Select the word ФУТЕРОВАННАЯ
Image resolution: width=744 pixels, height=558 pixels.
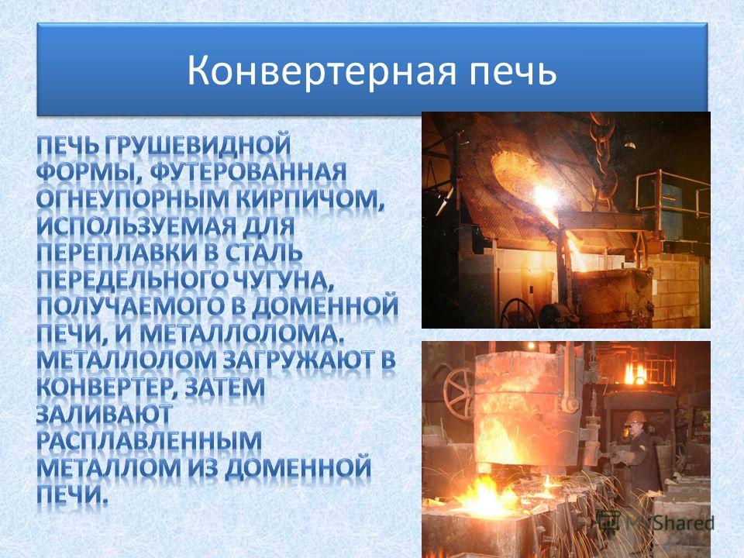249,173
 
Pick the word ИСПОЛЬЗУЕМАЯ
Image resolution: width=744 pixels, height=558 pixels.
136,227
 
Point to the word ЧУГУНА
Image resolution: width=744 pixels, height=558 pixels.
278,281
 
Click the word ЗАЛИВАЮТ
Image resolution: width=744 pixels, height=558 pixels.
104,415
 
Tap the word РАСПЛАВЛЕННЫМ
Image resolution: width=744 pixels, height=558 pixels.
149,442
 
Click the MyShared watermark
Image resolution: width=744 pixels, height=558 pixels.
656,522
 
